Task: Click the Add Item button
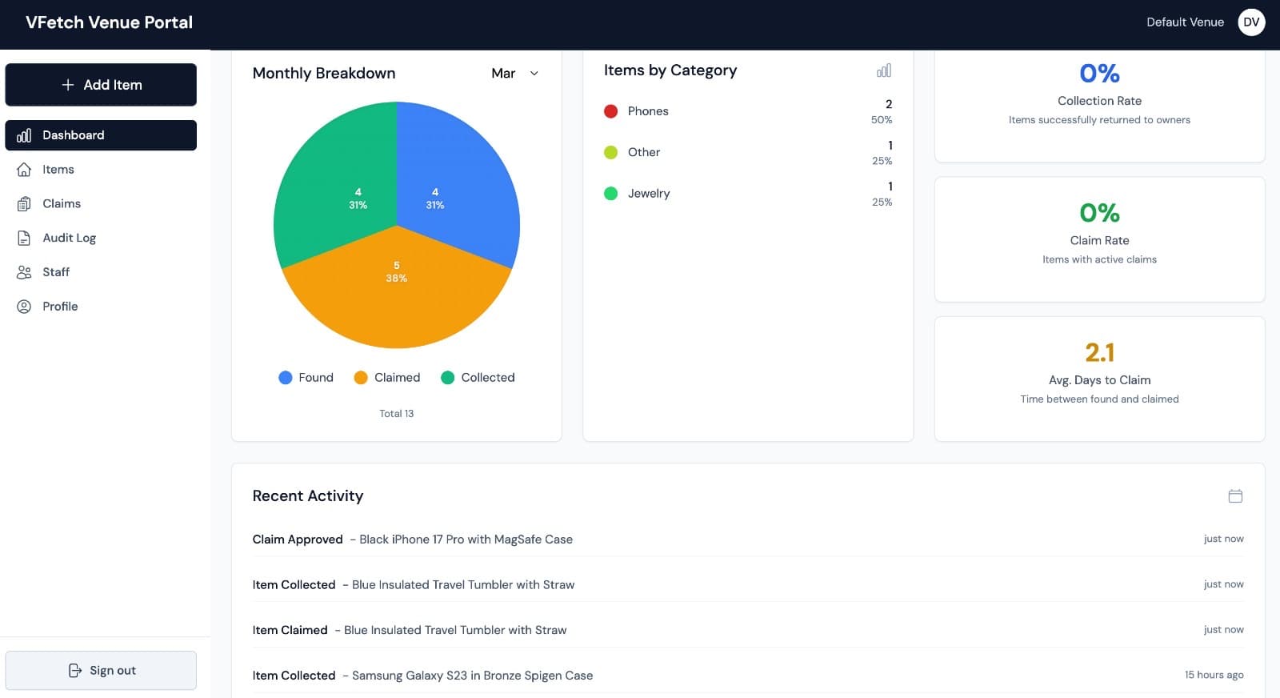101,85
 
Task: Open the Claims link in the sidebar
62,203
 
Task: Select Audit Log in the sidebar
69,238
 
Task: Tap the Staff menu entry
56,272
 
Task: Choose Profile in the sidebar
60,307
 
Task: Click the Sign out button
101,671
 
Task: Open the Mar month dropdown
514,74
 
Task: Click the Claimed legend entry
387,378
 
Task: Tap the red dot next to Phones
610,111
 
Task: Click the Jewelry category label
649,194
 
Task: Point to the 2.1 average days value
1099,352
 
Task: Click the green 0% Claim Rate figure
1099,213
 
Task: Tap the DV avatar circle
1251,22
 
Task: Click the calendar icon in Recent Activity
1235,496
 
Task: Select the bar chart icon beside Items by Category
883,71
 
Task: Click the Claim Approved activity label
298,540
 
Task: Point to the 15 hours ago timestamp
1214,675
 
